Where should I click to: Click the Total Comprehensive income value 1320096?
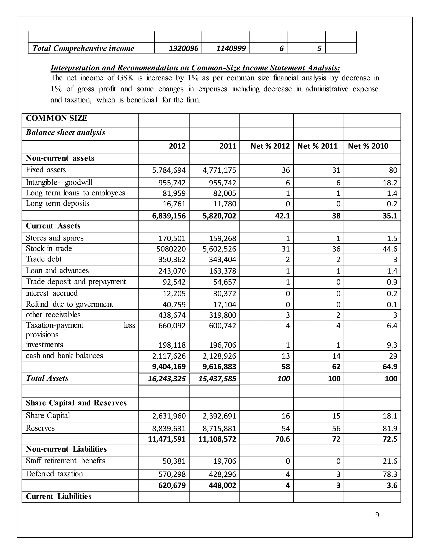coord(183,49)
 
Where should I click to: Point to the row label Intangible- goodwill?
coord(59,182)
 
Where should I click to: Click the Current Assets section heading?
coord(53,226)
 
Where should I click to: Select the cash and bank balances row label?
coord(64,356)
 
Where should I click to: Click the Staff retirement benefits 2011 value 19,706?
coord(225,461)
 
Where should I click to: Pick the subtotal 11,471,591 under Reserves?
coord(167,439)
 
